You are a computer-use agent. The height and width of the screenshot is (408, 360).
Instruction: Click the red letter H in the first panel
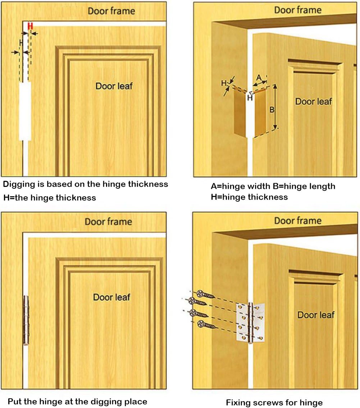pos(30,26)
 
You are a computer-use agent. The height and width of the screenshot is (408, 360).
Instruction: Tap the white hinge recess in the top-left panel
pos(25,111)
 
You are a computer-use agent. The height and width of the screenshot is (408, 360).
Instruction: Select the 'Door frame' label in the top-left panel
pos(111,11)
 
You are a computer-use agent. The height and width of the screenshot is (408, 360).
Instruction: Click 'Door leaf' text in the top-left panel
pos(114,86)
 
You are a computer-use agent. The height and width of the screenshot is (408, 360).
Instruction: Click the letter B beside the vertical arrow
pos(272,109)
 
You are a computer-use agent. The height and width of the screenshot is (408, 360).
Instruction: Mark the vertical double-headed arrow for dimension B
pos(275,107)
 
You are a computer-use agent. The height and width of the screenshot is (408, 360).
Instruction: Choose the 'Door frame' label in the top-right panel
pos(297,10)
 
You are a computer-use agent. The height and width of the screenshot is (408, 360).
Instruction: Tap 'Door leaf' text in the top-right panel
pos(314,102)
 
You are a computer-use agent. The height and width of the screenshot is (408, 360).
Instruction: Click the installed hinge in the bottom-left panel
pos(26,320)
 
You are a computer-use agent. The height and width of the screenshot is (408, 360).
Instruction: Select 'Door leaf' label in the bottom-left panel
pos(111,297)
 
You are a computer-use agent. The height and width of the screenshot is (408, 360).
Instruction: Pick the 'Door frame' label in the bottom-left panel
pos(108,222)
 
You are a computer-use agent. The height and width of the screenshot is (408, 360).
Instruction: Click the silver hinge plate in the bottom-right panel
pos(251,322)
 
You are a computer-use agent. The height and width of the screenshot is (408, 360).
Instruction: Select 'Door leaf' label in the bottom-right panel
pos(316,315)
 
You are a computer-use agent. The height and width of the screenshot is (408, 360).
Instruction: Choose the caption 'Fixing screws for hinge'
pos(274,402)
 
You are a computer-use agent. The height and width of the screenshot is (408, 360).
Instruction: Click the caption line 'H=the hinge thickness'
pos(50,198)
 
